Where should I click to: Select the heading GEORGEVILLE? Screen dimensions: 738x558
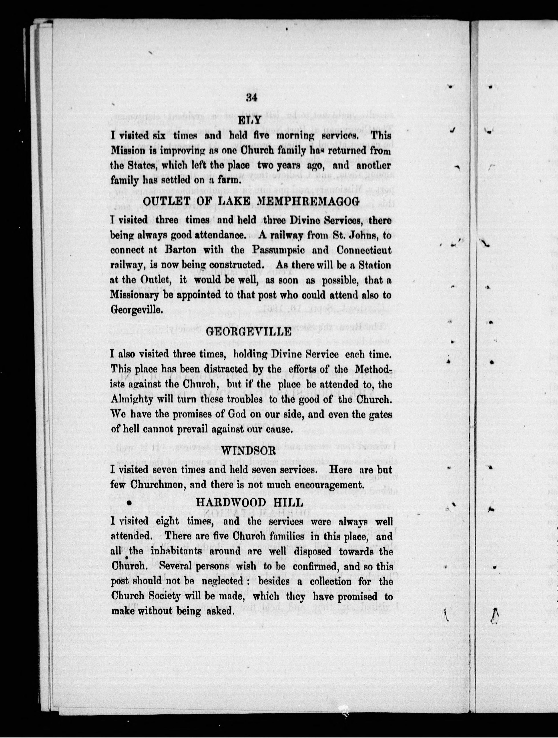[249, 331]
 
